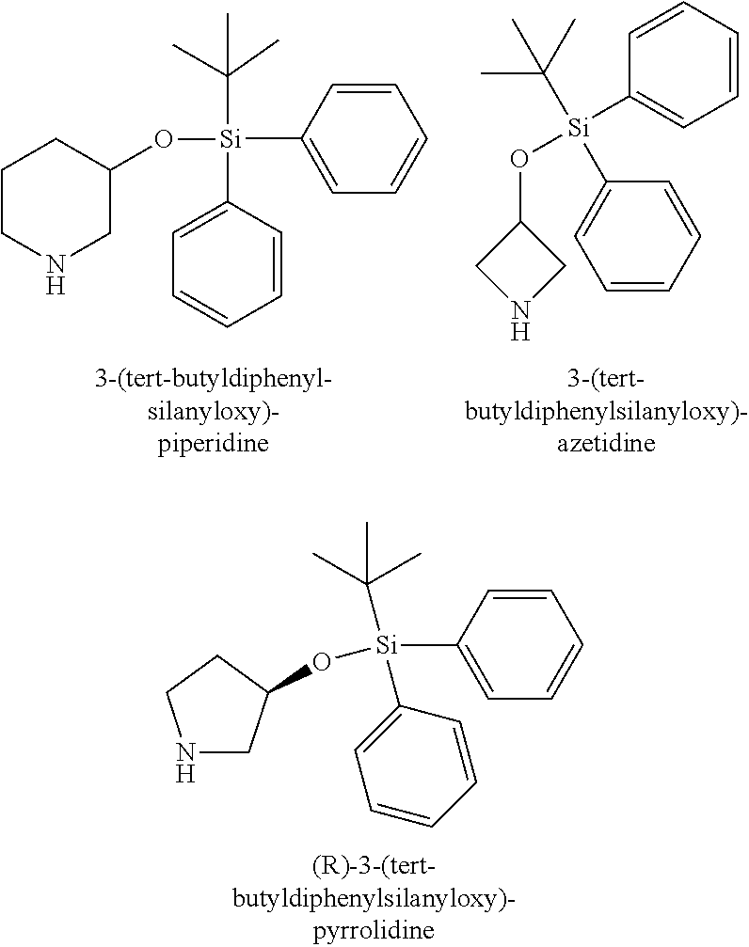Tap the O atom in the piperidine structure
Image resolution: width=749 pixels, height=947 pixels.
(x=164, y=141)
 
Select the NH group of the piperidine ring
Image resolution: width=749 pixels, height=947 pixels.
(x=56, y=274)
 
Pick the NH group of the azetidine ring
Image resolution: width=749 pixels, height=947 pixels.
(x=519, y=319)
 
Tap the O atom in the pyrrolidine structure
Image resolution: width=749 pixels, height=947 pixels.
(x=322, y=662)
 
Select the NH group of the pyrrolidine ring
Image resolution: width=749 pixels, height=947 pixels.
(x=187, y=761)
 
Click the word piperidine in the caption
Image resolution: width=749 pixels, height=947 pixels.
(x=213, y=443)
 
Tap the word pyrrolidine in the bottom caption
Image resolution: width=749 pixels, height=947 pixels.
(x=374, y=931)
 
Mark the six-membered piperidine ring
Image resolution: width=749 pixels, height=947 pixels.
(x=56, y=202)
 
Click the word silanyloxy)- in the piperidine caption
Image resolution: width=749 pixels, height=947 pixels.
(x=214, y=411)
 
